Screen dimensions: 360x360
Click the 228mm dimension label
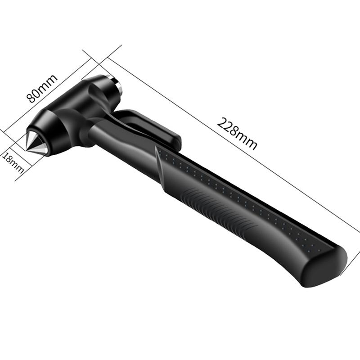coord(237,134)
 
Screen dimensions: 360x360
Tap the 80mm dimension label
coord(42,88)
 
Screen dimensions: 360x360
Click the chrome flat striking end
coord(115,83)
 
